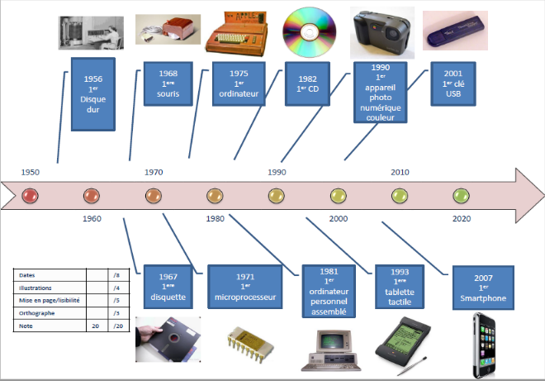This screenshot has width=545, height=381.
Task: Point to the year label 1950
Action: [x=31, y=172]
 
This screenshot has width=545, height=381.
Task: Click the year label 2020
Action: [x=462, y=219]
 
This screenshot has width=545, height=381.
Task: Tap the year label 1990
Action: [x=277, y=172]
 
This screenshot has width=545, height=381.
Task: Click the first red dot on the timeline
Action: [x=30, y=196]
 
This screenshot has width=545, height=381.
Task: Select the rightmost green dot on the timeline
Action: [x=461, y=196]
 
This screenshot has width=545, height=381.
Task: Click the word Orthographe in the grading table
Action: [x=36, y=314]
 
